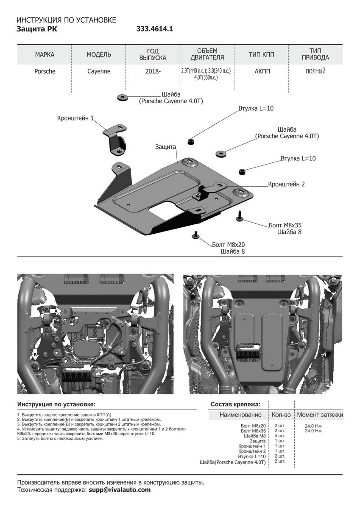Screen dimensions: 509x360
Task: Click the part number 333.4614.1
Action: pyautogui.click(x=155, y=29)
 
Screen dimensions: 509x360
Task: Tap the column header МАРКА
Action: pyautogui.click(x=45, y=55)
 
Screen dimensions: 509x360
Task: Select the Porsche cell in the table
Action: pyautogui.click(x=45, y=71)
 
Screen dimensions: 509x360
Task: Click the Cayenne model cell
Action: pyautogui.click(x=98, y=71)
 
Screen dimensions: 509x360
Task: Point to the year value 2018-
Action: pyautogui.click(x=153, y=71)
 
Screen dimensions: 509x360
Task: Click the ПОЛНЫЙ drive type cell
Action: pyautogui.click(x=315, y=71)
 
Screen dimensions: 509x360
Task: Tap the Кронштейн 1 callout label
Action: pyautogui.click(x=75, y=118)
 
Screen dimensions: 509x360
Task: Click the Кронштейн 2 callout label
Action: pyautogui.click(x=286, y=185)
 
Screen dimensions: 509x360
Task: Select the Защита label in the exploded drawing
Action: pyautogui.click(x=165, y=147)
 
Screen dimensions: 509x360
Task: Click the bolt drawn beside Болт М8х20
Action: pyautogui.click(x=196, y=234)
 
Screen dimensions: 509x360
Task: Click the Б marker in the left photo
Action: pyautogui.click(x=145, y=352)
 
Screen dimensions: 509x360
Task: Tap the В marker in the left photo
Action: pyautogui.click(x=36, y=353)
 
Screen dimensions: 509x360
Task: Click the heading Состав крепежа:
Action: pyautogui.click(x=235, y=404)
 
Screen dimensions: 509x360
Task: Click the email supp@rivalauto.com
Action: pyautogui.click(x=120, y=489)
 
